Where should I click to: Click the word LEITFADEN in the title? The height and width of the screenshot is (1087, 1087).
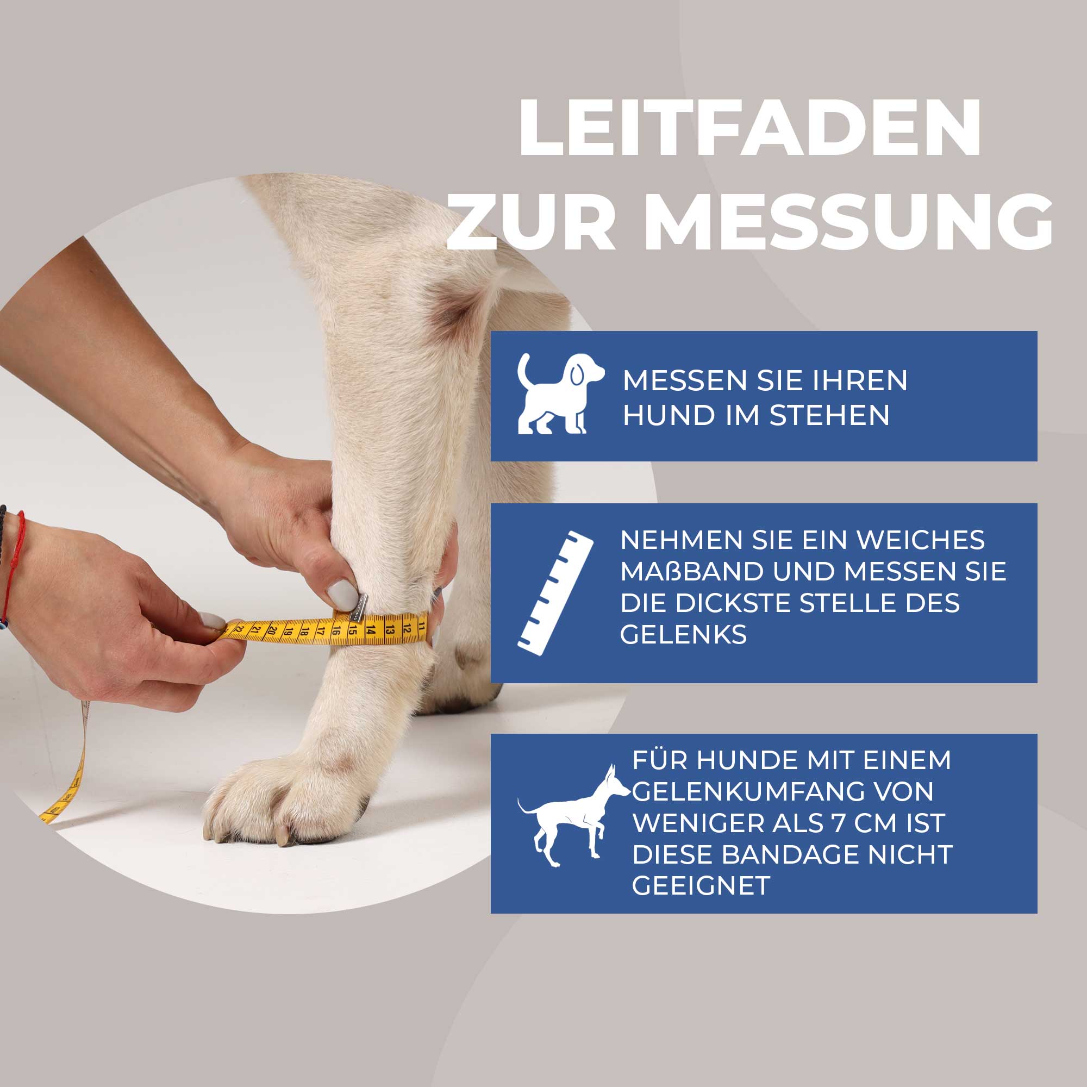pyautogui.click(x=750, y=128)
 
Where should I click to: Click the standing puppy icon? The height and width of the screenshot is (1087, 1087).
pyautogui.click(x=559, y=393)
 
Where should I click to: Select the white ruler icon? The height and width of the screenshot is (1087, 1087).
pyautogui.click(x=556, y=591)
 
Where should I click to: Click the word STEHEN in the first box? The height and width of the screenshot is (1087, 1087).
pyautogui.click(x=829, y=416)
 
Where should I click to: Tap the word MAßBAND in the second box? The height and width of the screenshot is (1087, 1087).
pyautogui.click(x=691, y=572)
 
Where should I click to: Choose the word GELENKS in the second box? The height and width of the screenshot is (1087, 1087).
pyautogui.click(x=683, y=635)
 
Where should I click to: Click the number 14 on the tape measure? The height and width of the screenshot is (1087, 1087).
pyautogui.click(x=370, y=629)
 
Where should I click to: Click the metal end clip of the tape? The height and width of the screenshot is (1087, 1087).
pyautogui.click(x=358, y=608)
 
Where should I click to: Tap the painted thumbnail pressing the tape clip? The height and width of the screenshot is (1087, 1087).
pyautogui.click(x=342, y=595)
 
